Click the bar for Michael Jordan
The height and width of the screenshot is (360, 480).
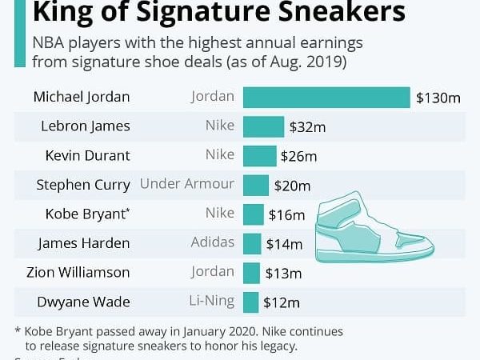tap(326, 98)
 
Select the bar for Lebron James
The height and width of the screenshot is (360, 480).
tap(263, 126)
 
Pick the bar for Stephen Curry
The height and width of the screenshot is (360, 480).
tap(255, 185)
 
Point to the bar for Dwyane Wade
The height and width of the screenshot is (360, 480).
tap(250, 302)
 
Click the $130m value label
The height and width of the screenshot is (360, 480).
tap(438, 98)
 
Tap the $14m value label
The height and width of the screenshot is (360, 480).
tap(284, 244)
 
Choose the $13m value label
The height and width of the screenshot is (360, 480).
tap(282, 273)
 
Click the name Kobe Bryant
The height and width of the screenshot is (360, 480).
tap(82, 214)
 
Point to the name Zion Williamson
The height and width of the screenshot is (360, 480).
tap(78, 273)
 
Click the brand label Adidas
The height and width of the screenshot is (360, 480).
tap(213, 242)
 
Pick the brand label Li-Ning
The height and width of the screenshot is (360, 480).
tap(213, 301)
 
